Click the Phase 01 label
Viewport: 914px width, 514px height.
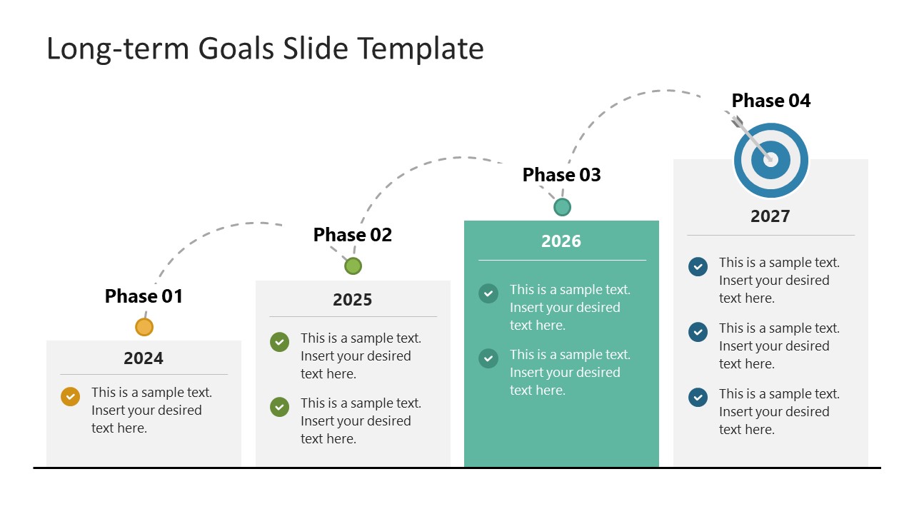(x=144, y=296)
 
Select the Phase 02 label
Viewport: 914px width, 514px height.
(x=353, y=235)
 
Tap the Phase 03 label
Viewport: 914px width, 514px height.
(x=562, y=175)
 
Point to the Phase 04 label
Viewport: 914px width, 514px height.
(x=771, y=101)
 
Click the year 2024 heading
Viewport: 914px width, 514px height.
(x=144, y=358)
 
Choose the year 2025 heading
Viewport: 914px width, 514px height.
(x=353, y=300)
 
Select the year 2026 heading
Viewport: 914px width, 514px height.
(x=561, y=241)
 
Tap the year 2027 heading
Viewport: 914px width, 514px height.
(x=770, y=216)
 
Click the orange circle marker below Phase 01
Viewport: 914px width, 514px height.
(x=144, y=327)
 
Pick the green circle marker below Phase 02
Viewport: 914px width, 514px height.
(x=353, y=266)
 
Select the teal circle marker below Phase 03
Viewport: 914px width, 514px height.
(x=562, y=207)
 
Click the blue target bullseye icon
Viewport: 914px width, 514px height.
(x=771, y=161)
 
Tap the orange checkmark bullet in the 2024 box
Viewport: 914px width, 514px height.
(x=70, y=396)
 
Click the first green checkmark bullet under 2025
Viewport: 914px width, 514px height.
(x=279, y=342)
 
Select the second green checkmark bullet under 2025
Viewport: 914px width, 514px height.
(x=279, y=407)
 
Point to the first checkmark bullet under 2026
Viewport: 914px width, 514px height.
(x=488, y=293)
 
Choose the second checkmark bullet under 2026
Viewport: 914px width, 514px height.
(x=488, y=358)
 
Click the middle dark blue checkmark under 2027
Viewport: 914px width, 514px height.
(x=698, y=332)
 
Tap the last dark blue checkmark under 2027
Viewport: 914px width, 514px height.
(x=698, y=398)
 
